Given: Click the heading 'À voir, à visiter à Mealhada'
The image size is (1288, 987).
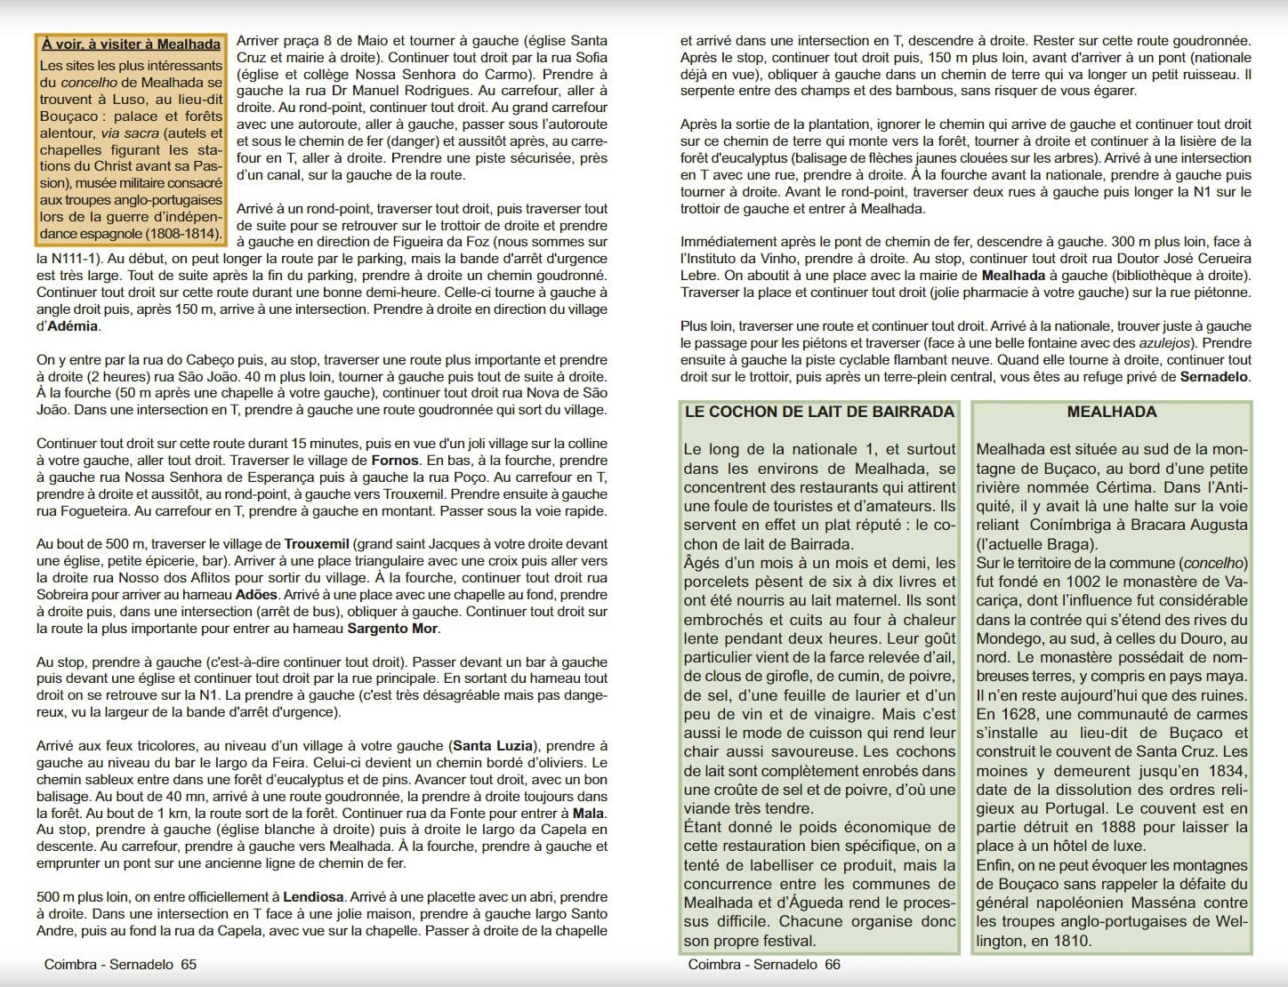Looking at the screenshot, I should click(131, 44).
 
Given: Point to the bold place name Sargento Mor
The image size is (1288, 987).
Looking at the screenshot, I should click(391, 629).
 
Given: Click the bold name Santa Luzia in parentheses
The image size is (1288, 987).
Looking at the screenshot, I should click(492, 746).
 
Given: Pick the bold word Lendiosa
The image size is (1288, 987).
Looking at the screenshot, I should click(312, 897).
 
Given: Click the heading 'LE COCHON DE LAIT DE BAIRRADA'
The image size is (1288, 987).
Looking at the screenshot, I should click(819, 413).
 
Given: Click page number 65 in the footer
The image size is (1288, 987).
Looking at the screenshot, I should click(188, 965).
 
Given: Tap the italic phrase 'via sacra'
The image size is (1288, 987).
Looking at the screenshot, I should click(124, 133).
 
